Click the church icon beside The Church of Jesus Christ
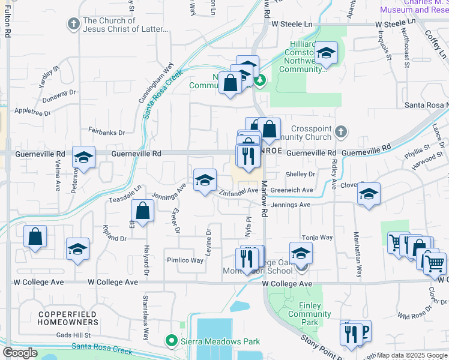(73, 24)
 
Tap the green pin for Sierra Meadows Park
(170, 341)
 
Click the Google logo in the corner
(19, 353)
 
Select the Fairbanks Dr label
(106, 132)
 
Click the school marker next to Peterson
(83, 158)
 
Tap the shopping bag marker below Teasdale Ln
(142, 211)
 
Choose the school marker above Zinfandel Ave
(205, 179)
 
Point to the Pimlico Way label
(185, 260)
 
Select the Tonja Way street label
(318, 238)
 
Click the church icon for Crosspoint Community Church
(340, 130)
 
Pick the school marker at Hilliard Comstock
(325, 53)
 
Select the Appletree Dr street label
(32, 112)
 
